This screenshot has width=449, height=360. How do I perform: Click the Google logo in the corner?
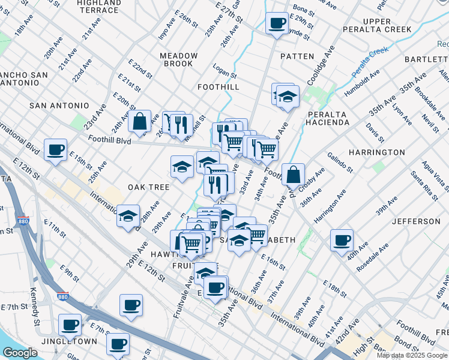20,353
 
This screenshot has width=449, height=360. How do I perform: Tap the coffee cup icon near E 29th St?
277,23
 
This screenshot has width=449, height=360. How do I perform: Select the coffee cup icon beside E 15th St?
56,149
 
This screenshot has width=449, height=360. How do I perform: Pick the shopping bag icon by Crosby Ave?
293,175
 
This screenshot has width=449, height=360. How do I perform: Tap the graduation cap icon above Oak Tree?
182,167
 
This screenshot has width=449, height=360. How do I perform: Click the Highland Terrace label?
98,7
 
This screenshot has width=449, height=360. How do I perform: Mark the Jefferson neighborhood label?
416,221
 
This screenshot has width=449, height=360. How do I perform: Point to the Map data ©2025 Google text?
412,355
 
